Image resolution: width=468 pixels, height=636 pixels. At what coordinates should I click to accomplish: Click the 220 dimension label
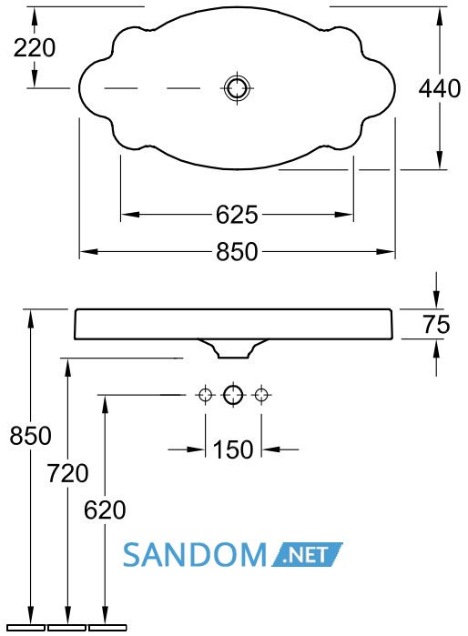tap(35, 48)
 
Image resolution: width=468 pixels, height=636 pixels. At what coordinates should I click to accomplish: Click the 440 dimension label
tap(440, 88)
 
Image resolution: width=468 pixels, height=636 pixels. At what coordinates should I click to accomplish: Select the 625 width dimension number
tap(237, 215)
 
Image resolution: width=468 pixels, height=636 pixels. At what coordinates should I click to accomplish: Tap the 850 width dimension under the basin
tap(237, 251)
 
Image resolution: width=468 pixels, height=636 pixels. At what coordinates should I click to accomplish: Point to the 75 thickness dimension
tap(436, 324)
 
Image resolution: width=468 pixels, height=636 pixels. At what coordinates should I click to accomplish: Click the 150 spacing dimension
tap(233, 449)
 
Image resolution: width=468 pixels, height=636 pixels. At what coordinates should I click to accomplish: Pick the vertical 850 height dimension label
tap(30, 436)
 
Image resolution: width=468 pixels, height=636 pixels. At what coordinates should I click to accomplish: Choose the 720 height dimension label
tap(67, 473)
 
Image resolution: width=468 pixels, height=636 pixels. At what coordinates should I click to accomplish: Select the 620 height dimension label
tap(105, 510)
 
